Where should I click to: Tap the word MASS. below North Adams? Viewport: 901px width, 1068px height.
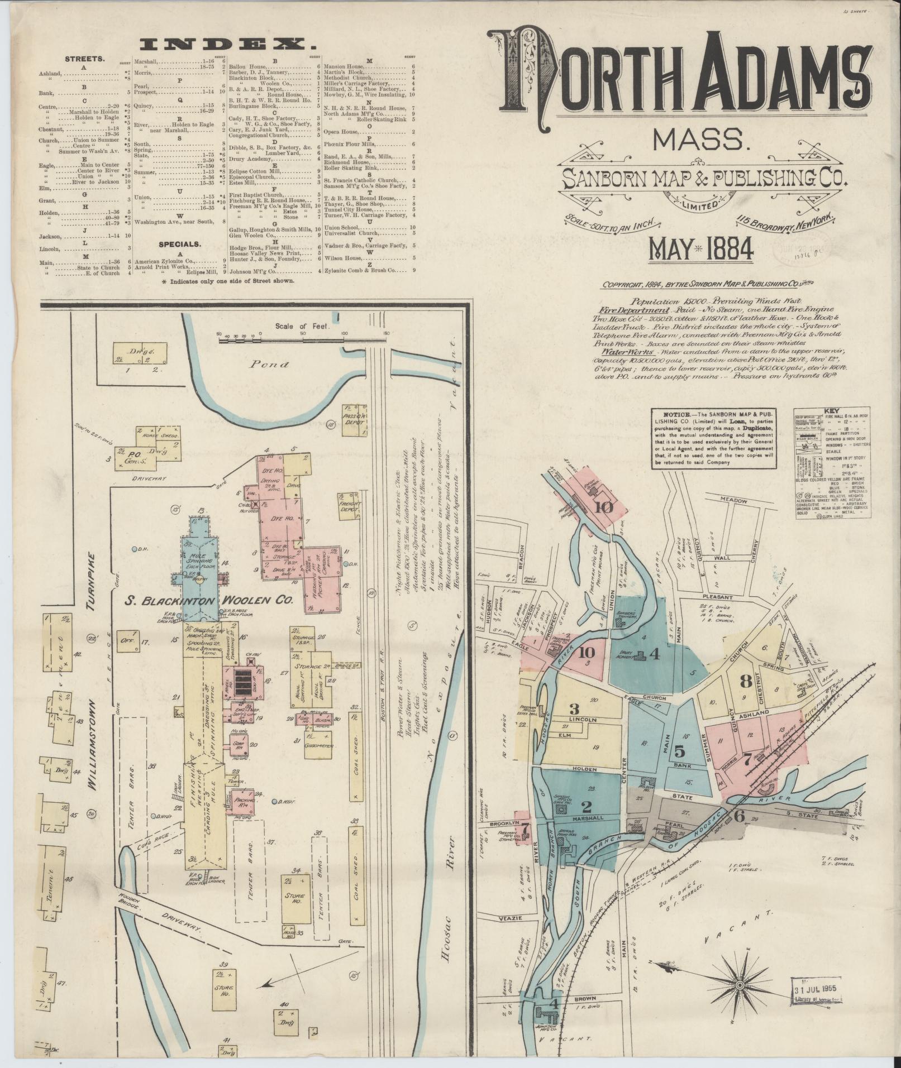tap(700, 142)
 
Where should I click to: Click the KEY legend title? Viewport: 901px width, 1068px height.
tap(832, 410)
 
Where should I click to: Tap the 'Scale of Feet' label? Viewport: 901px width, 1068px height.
tap(302, 326)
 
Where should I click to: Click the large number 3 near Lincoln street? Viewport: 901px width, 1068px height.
tap(574, 709)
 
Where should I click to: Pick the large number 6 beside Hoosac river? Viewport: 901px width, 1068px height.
tap(739, 816)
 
